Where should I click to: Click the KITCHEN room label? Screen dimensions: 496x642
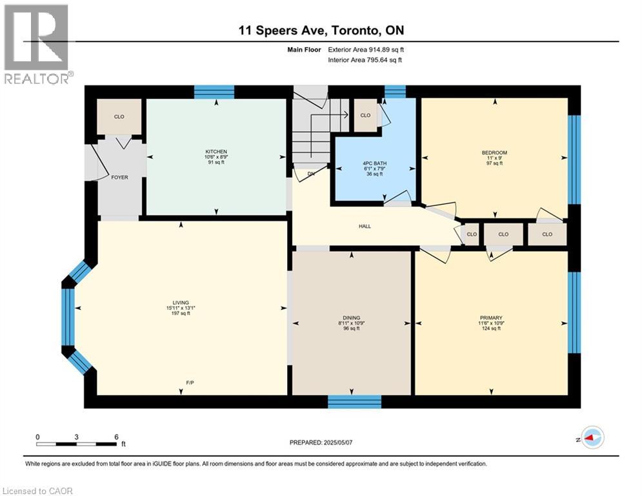216,152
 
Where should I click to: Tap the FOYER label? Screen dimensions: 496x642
119,177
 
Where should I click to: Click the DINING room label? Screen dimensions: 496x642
352,318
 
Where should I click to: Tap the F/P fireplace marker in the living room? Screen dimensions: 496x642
191,383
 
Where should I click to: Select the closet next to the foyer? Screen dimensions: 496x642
119,117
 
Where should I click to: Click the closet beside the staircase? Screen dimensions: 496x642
365,116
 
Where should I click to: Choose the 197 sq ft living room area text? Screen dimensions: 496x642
180,313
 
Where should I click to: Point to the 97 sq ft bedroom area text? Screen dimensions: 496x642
495,163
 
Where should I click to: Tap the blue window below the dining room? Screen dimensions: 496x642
354,402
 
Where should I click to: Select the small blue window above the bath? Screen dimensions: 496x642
395,91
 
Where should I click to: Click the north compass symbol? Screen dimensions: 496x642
592,438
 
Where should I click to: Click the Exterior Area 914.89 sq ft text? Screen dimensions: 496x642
366,49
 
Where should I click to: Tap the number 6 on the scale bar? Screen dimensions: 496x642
116,437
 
